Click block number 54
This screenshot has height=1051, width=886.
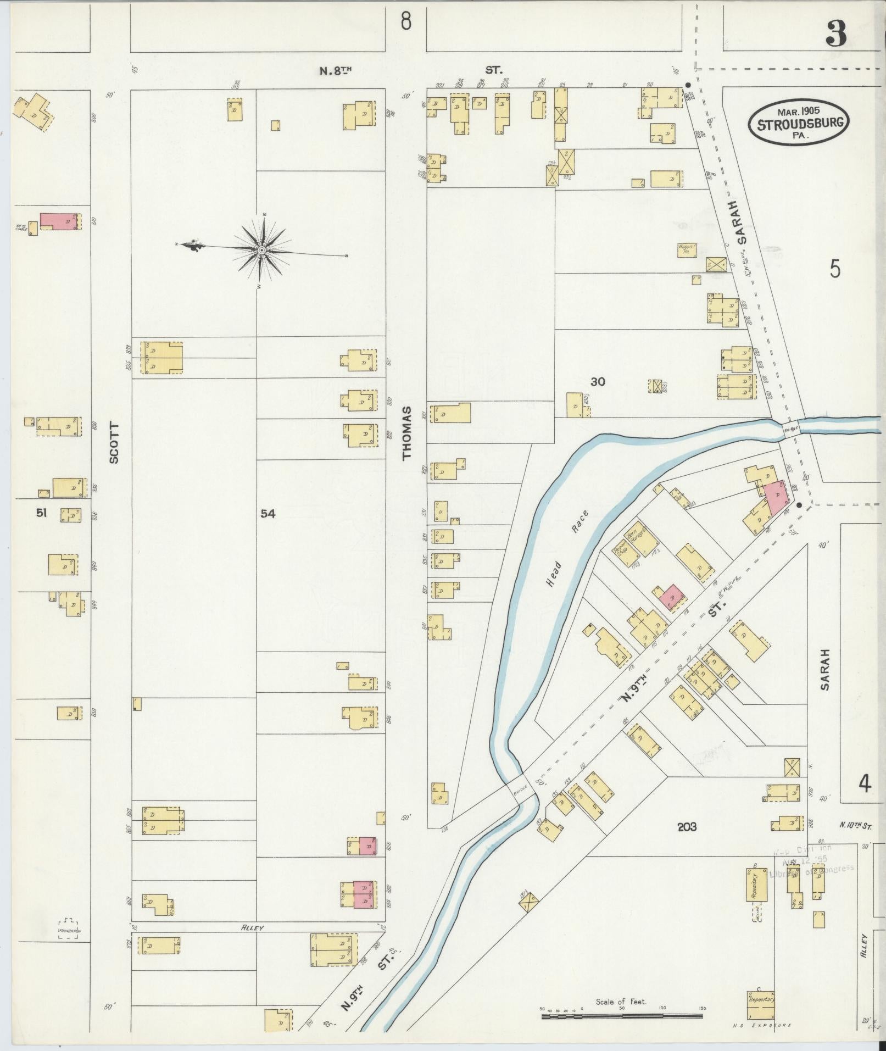pos(268,514)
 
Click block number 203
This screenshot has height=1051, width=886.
pos(687,827)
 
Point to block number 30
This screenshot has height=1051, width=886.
pos(598,381)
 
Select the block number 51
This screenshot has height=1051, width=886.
pos(41,513)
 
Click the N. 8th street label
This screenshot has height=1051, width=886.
pos(336,70)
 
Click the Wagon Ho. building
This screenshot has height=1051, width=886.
pos(687,250)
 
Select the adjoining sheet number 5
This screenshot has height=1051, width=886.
pos(835,270)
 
